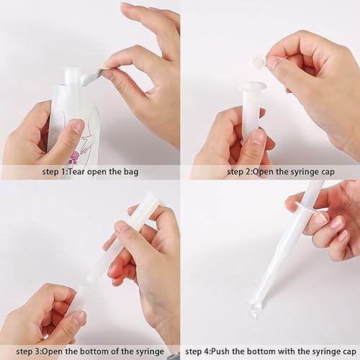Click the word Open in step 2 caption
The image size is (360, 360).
[x=263, y=172]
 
